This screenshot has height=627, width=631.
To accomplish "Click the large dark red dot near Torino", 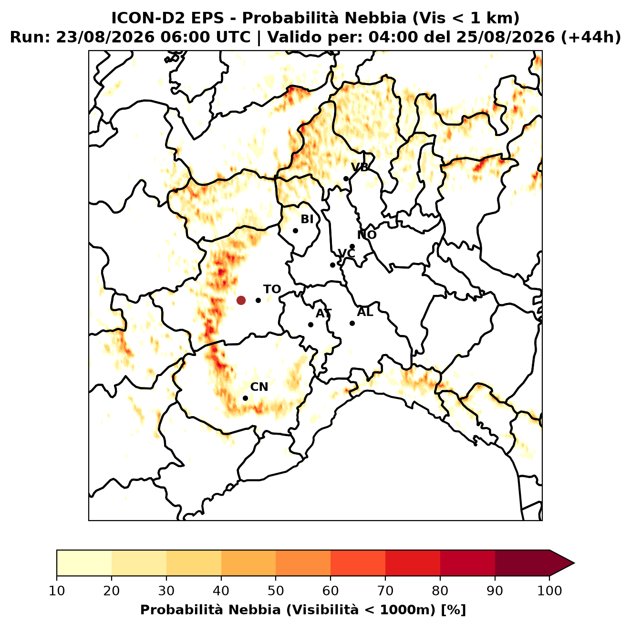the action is [x=241, y=300].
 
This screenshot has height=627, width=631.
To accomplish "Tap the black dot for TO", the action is [x=258, y=300].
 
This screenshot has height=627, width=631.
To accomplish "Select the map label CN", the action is [x=259, y=387].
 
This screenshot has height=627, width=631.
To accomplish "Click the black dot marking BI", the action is [x=295, y=231].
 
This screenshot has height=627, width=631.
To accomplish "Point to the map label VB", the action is [x=360, y=167].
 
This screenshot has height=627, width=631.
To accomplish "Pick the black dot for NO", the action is [x=352, y=247].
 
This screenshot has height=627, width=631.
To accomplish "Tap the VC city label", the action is [x=346, y=253].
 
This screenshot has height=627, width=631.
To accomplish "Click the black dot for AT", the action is [x=310, y=325].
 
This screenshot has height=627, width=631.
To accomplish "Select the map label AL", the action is [x=365, y=312].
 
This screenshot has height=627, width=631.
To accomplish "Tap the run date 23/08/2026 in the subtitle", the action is [x=105, y=37].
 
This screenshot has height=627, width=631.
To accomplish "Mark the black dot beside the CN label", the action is [x=245, y=398].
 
